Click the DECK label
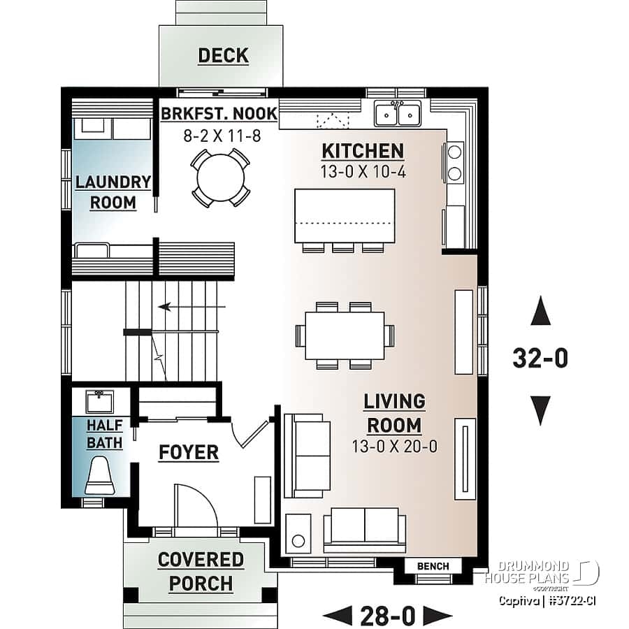223,56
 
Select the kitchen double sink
397,113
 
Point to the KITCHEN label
362,151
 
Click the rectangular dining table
345,335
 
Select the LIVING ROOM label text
393,413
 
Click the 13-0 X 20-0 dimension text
393,447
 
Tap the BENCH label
433,565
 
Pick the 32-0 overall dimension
540,359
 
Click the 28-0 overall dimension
388,616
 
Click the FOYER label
188,452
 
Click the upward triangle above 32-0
540,311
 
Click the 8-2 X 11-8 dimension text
222,136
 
